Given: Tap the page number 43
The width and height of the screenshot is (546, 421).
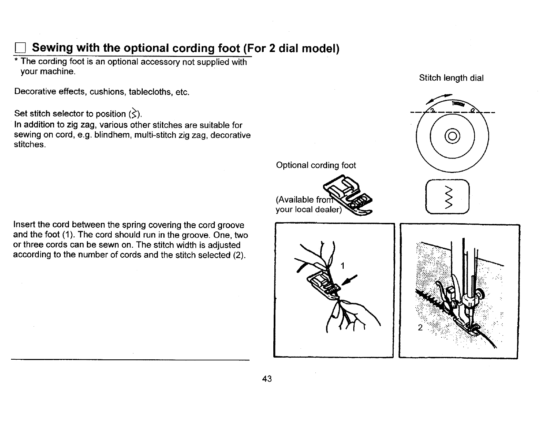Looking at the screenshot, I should click(267, 379).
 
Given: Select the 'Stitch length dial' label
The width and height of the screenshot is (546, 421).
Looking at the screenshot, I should click(451, 78).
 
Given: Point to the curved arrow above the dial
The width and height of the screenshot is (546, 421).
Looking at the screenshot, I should click(438, 98).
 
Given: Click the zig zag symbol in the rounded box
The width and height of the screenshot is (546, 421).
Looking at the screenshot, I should click(448, 197).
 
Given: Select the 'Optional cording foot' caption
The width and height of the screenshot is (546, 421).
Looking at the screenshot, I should click(316, 165).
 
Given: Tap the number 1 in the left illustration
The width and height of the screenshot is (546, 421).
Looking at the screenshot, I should click(342, 266).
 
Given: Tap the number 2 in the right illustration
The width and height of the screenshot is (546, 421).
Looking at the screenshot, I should click(420, 328).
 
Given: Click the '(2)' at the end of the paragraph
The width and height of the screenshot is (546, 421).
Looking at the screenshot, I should click(237, 255).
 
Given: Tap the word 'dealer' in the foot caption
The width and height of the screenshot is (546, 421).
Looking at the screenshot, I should click(327, 209).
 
